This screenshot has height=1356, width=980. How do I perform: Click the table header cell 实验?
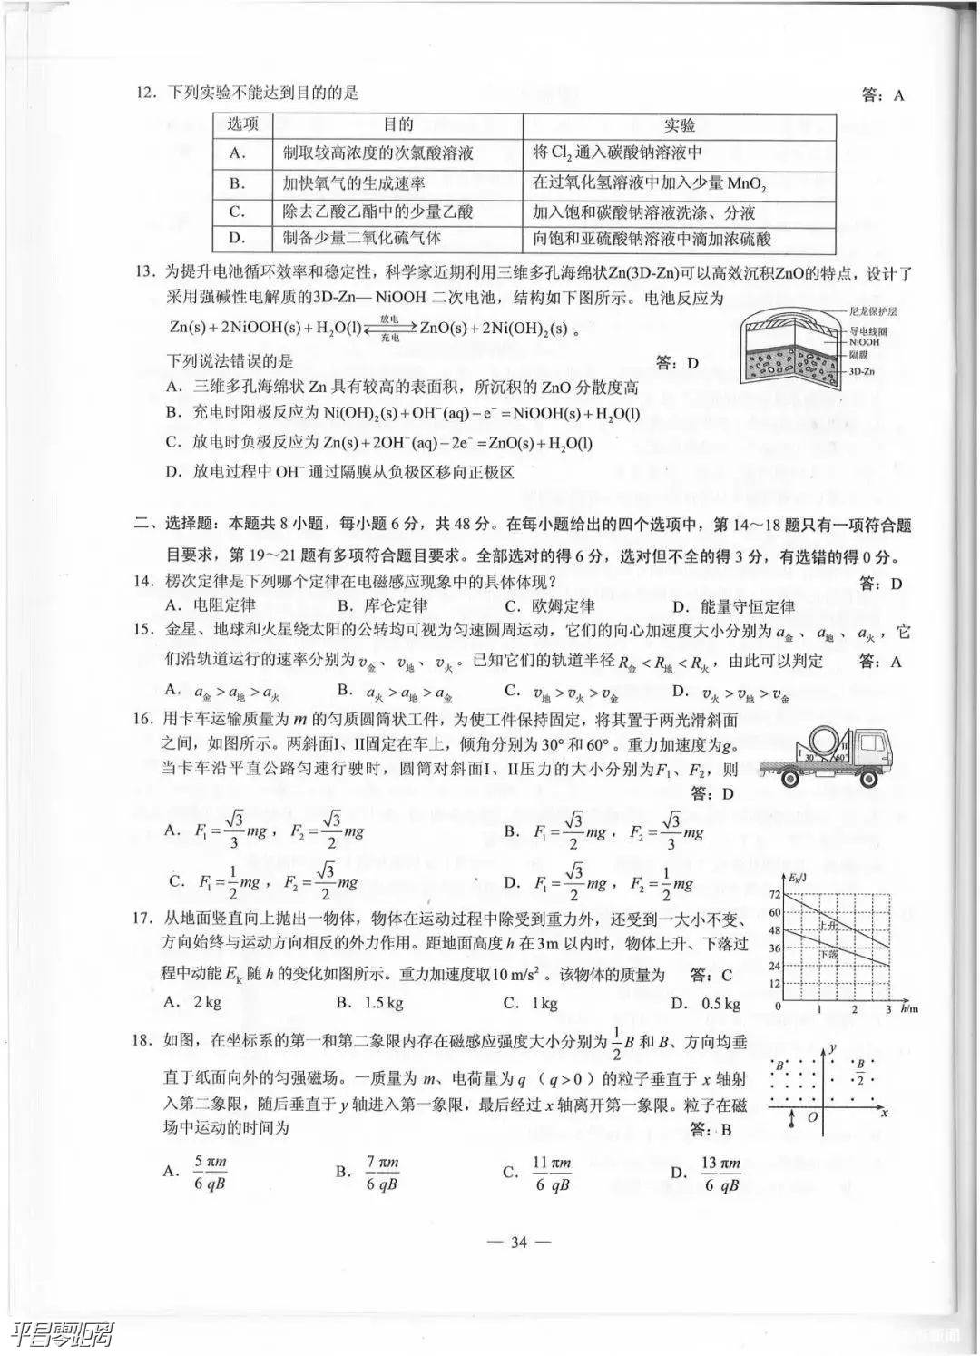coord(679,125)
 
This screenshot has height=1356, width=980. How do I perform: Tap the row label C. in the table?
coord(238,211)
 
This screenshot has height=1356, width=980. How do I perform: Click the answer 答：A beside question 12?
coord(882,94)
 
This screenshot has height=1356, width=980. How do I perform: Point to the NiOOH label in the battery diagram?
coord(865,342)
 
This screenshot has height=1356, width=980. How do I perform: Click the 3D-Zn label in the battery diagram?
coord(862,371)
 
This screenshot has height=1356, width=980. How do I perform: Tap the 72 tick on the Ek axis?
coord(774,896)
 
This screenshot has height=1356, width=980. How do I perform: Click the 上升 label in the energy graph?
coord(827,927)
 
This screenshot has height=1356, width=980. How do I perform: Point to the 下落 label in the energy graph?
coord(828,956)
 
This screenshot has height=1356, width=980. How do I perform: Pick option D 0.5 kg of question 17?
coord(706,1003)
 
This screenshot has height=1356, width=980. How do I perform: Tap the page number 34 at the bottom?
coord(518,1243)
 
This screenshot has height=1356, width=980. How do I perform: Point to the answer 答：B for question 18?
coord(710,1130)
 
